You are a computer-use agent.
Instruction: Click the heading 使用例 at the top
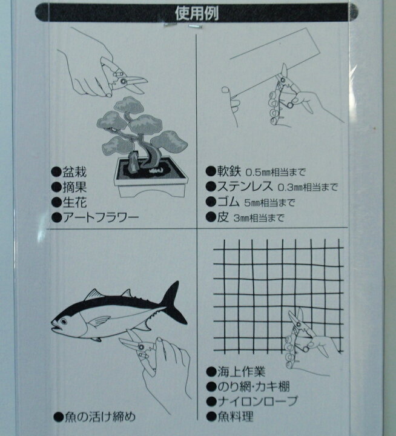[x=197, y=13]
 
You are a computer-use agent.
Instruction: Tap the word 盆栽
[x=74, y=172]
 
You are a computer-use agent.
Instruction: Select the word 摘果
[x=74, y=187]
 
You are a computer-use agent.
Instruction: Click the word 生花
[x=74, y=202]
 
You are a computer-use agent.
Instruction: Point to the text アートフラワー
[x=100, y=217]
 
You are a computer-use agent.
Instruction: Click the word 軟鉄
[x=229, y=171]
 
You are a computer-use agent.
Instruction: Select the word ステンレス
[x=245, y=186]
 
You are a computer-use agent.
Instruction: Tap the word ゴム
[x=228, y=202]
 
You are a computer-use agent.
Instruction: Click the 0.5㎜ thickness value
[x=257, y=173]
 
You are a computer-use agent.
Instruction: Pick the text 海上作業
[x=242, y=372]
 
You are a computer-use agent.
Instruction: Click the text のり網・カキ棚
[x=254, y=386]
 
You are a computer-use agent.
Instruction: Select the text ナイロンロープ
[x=257, y=401]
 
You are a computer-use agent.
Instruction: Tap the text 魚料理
[x=236, y=416]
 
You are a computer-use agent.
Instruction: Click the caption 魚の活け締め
[x=100, y=417]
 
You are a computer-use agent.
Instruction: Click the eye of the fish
[x=64, y=322]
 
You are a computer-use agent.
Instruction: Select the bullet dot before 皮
[x=211, y=217]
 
